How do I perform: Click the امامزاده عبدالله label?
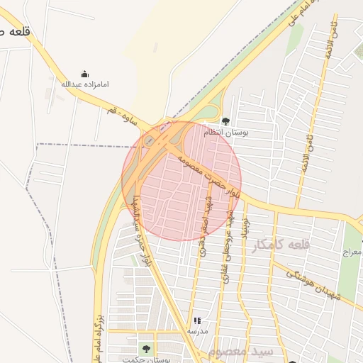[x=85, y=84]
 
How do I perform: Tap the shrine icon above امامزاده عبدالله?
[x=85, y=74]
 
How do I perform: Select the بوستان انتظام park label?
[x=223, y=133]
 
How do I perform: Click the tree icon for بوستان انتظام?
[x=225, y=121]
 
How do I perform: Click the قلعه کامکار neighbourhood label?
[x=281, y=245]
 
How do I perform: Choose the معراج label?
[x=352, y=252]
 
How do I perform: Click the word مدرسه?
[x=197, y=331]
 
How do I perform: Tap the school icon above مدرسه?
[x=197, y=320]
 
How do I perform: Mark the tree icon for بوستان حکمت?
[x=146, y=348]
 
